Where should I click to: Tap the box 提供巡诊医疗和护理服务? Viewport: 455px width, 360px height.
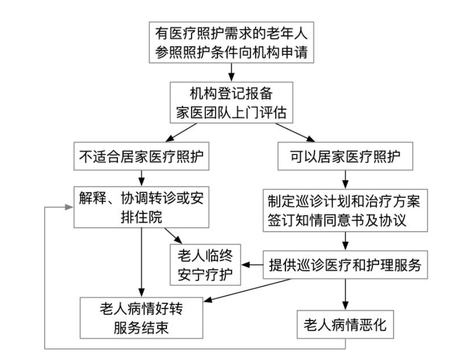pos(345,265)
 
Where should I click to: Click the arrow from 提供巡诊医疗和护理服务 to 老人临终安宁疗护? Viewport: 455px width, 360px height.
pos(252,265)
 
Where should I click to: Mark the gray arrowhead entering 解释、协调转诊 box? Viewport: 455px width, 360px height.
pos(69,207)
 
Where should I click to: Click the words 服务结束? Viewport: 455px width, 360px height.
pos(141,327)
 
